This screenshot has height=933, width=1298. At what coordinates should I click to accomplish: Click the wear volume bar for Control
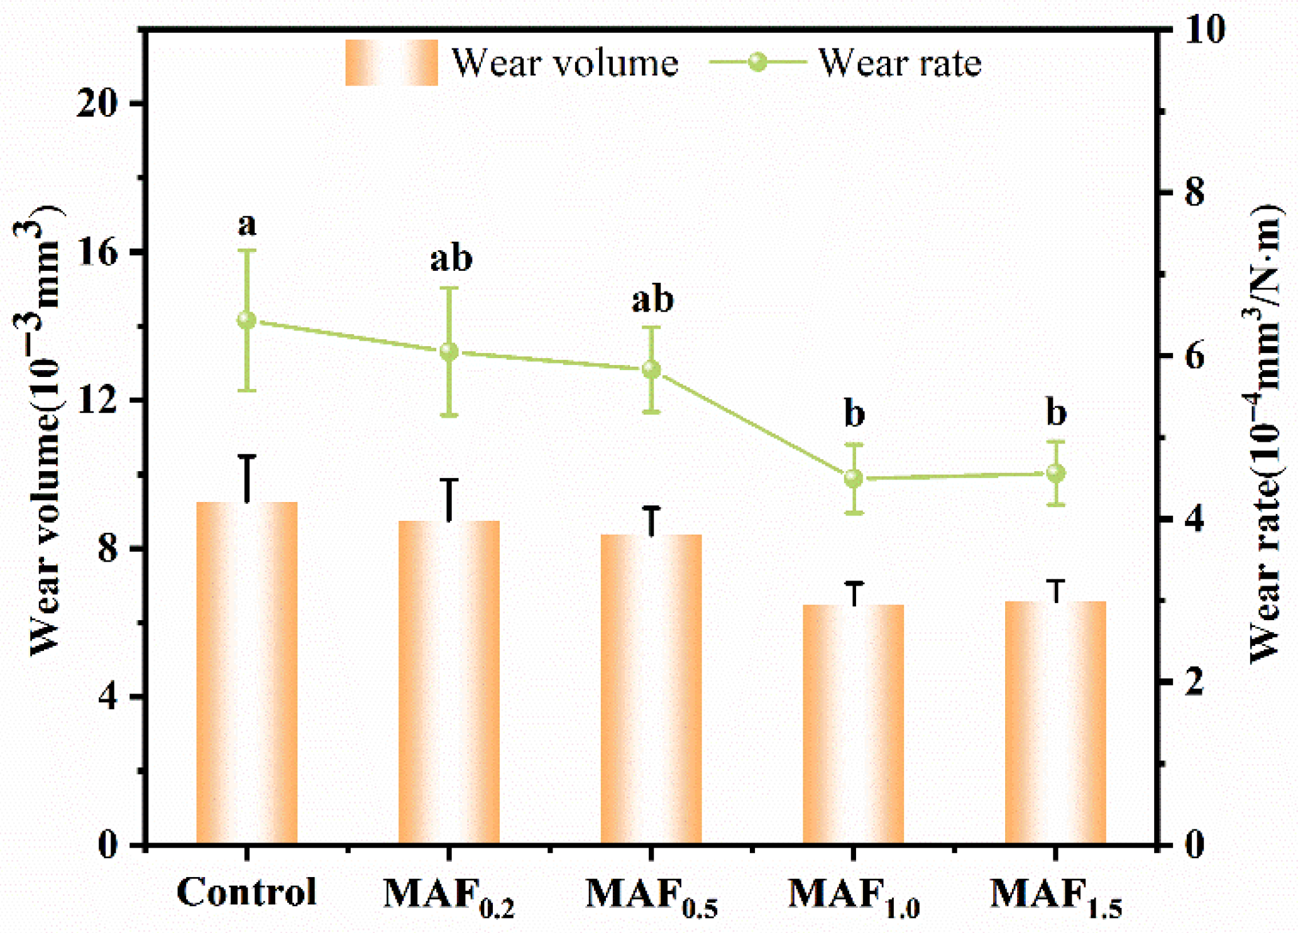246,672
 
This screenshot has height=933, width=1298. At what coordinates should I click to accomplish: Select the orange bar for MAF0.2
449,682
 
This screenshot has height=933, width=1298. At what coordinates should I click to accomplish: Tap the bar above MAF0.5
651,689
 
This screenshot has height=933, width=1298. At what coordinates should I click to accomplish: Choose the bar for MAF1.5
1055,722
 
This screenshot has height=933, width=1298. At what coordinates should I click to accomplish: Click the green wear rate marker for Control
246,320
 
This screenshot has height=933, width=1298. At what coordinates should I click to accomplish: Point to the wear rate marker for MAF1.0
853,478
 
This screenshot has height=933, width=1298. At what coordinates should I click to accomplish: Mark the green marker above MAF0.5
651,369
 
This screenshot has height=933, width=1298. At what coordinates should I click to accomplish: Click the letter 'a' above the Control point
247,224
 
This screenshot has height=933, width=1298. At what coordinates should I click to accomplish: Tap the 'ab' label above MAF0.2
451,258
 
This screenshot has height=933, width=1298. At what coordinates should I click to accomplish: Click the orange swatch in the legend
391,63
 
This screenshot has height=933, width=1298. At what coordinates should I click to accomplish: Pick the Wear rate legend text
899,63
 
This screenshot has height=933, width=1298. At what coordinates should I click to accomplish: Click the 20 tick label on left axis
97,103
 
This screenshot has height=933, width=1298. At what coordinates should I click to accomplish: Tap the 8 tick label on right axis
1194,192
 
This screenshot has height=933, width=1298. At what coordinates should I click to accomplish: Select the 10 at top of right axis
1204,29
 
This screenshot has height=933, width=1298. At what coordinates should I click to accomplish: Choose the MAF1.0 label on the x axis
853,895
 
